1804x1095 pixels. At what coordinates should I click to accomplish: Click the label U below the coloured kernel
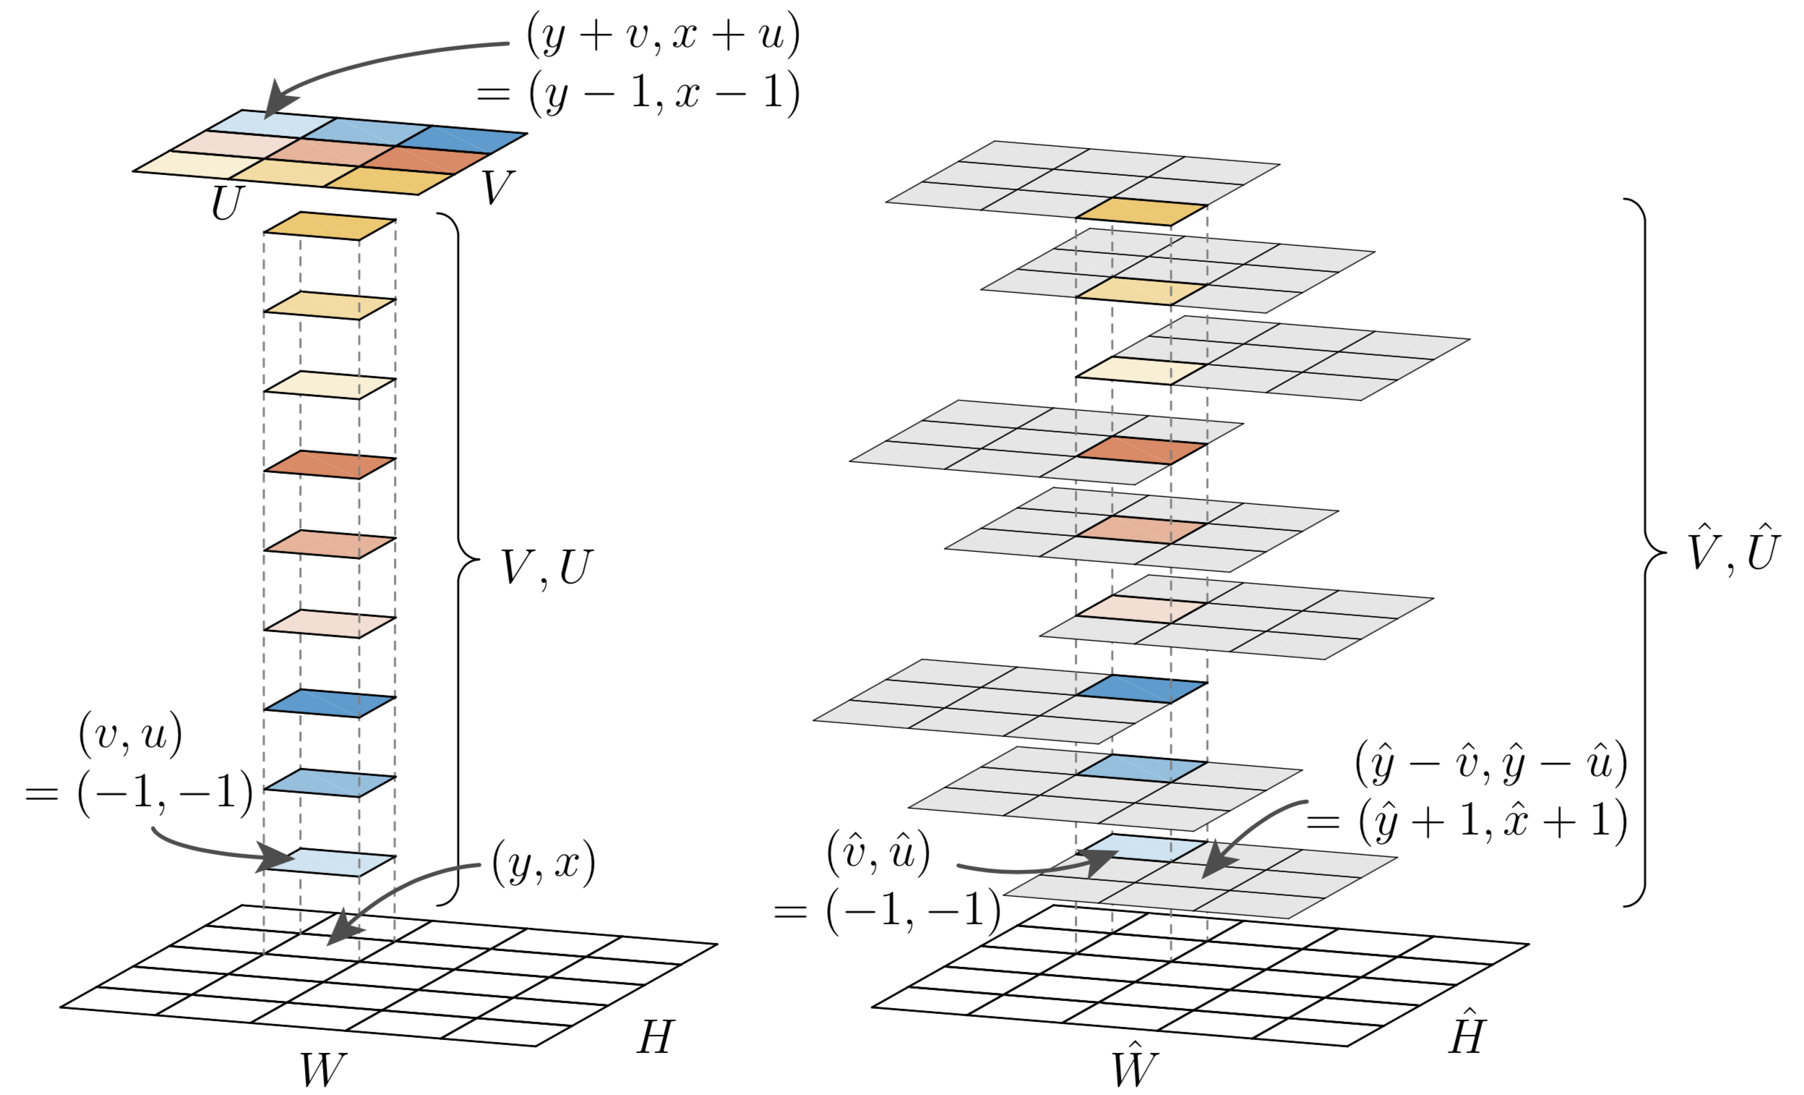[227, 203]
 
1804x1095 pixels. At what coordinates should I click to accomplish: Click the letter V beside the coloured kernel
[497, 187]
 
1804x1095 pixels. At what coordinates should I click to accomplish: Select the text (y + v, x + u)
[663, 35]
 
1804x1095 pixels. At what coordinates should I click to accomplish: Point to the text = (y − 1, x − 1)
[638, 94]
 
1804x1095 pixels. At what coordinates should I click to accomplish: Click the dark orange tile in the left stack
[330, 464]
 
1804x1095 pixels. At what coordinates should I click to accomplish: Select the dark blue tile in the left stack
[330, 703]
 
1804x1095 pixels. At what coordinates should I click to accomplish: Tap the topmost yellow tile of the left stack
[330, 226]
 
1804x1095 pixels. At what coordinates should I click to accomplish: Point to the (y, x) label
[544, 864]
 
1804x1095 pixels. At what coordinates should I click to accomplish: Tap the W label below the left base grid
[322, 1070]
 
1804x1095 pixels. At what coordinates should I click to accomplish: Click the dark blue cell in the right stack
[1142, 689]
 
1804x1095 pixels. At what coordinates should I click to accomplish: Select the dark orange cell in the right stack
[1142, 450]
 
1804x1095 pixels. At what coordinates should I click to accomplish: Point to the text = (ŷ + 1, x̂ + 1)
[1467, 820]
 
